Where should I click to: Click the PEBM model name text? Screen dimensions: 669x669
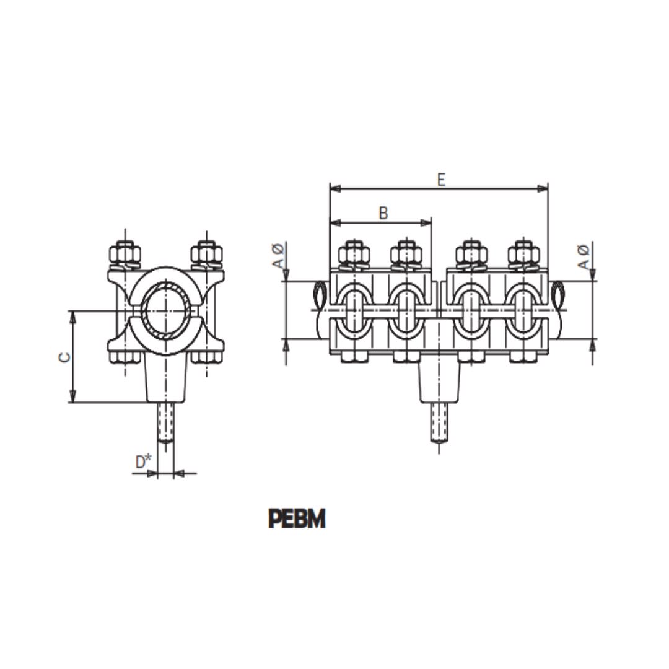[297, 519]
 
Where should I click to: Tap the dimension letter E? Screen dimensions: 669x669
[440, 180]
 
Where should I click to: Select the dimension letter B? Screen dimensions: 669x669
[383, 213]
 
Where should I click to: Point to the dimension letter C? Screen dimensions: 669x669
[64, 357]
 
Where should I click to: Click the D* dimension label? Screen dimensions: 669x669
[143, 461]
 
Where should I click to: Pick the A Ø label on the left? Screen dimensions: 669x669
[278, 256]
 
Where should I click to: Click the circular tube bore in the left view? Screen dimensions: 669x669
[165, 310]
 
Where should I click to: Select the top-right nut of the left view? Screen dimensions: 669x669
[206, 253]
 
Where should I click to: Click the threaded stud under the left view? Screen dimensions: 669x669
[165, 422]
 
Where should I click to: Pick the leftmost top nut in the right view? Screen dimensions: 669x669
[354, 253]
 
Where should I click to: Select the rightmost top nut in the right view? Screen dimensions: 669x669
[523, 253]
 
